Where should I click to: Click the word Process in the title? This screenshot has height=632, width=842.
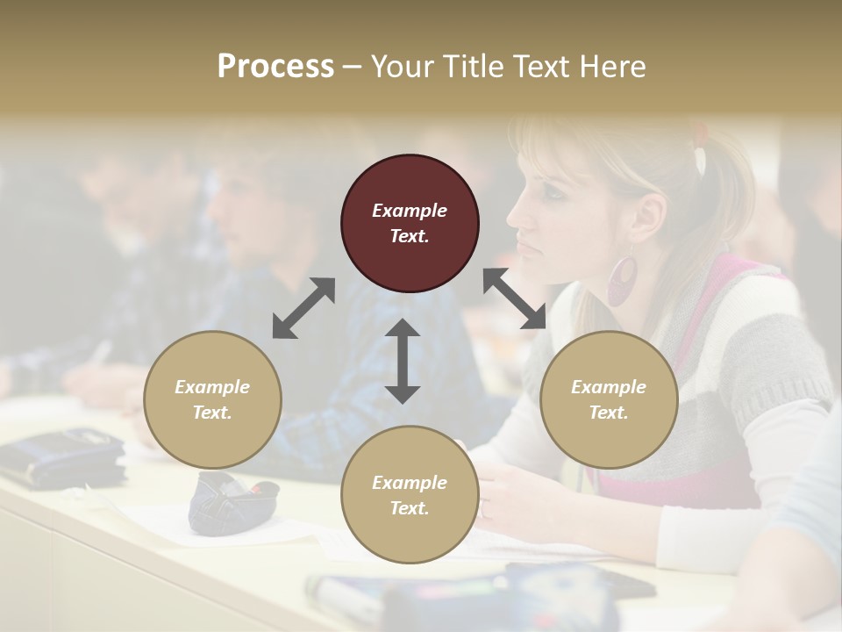275,67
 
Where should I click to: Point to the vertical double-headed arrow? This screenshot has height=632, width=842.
403,361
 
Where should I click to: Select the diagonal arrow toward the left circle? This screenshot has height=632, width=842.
303,308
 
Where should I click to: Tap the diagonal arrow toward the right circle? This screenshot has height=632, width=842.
515,298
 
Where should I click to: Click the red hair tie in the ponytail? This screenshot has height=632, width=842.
700,136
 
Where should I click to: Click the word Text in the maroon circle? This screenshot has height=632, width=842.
410,236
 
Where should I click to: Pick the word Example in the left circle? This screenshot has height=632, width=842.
212,387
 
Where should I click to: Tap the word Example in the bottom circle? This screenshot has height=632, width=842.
410,483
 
